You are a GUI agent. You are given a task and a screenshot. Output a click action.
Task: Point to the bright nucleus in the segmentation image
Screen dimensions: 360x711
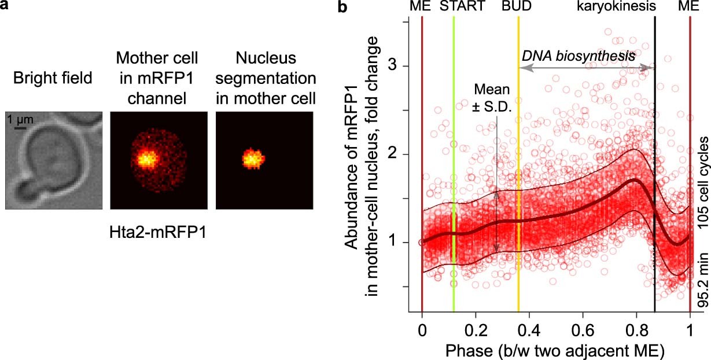pyautogui.click(x=252, y=157)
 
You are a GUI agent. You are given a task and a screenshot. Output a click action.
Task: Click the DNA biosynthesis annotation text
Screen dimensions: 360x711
pyautogui.click(x=579, y=56)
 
